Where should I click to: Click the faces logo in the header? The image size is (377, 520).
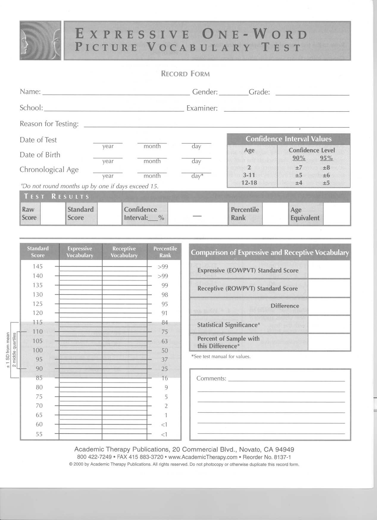40,41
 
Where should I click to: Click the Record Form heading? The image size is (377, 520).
185,74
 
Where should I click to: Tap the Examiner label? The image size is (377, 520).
202,108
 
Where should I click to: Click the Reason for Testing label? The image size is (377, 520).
49,124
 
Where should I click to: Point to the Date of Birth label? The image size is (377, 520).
40,155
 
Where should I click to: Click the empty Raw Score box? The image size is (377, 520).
53,213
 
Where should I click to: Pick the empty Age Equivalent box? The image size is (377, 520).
337,213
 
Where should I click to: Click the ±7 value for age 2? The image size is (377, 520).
299,168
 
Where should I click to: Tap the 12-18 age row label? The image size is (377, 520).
249,182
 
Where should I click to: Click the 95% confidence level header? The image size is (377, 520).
326,158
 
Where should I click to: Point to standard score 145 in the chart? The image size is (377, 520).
38,266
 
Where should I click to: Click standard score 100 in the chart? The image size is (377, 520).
38,350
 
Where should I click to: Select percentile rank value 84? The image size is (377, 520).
165,322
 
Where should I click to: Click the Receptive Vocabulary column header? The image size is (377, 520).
124,252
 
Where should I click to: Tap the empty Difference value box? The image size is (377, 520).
329,306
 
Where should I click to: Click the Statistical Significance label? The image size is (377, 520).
229,325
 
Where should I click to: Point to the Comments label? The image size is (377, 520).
211,378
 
